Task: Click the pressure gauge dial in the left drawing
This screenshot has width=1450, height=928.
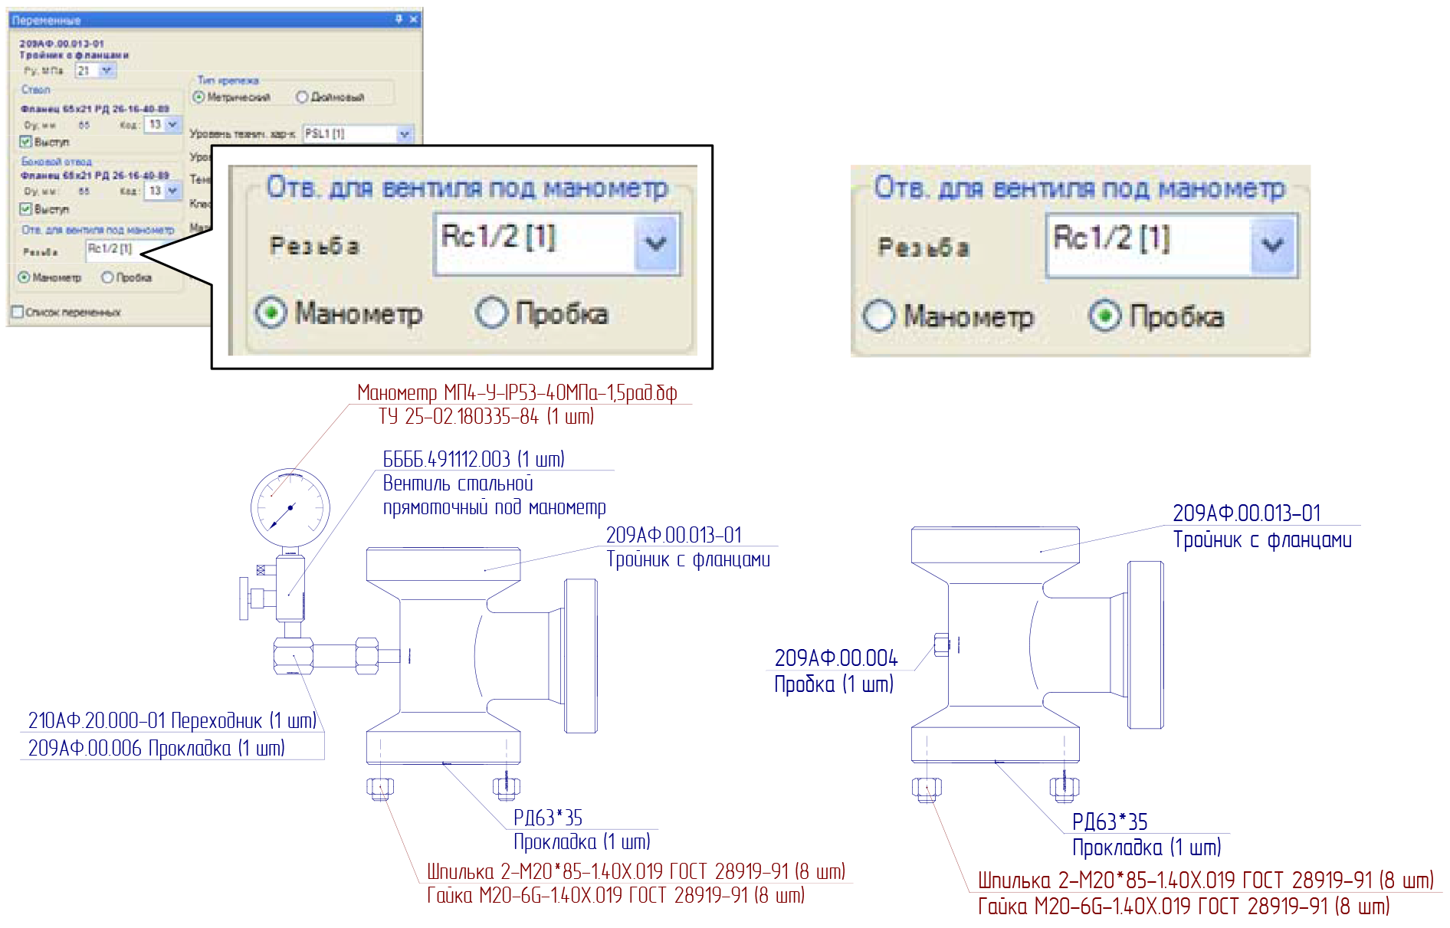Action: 290,507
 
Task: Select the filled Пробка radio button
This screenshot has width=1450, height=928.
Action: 1104,316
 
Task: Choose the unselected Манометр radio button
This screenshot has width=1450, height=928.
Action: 878,315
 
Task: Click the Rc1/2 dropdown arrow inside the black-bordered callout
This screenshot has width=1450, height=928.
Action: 655,244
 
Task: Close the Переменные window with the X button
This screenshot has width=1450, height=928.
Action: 414,19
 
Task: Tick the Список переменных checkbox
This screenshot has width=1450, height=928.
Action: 18,312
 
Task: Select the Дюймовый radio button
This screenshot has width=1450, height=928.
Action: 302,97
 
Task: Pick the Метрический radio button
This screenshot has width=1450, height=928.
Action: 198,97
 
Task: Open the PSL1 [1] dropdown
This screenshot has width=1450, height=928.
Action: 405,134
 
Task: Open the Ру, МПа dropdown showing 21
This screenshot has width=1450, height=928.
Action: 107,71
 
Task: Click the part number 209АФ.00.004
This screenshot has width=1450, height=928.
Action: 835,658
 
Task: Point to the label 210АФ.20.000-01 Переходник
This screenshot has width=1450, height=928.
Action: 172,720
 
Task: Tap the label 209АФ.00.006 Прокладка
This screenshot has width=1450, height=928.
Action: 156,748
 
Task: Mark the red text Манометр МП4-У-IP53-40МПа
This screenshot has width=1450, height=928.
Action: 517,393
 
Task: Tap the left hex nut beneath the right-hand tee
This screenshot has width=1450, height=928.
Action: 927,788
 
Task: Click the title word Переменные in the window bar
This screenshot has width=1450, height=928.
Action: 46,20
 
